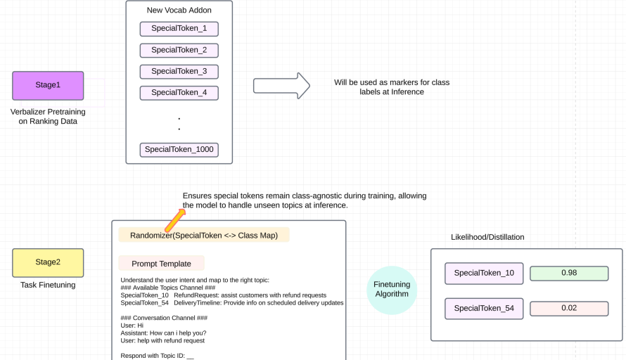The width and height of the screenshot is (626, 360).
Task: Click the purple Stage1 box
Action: point(48,85)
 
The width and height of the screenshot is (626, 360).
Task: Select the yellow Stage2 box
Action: point(48,262)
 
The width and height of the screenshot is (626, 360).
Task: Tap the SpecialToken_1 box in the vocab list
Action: point(179,29)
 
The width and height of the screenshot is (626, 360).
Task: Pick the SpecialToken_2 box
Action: point(179,50)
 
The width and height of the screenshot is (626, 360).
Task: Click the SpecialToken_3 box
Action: point(179,71)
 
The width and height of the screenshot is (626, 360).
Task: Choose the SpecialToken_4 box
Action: point(179,92)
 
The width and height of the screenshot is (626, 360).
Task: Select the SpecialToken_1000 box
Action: point(179,149)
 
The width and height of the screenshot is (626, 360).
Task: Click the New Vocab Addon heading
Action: point(179,10)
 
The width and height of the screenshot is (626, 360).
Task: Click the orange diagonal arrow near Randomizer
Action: point(174,219)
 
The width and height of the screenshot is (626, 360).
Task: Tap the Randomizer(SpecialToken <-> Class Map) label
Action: point(204,235)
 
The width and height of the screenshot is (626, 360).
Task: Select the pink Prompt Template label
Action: point(161,264)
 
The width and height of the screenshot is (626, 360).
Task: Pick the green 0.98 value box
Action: point(569,273)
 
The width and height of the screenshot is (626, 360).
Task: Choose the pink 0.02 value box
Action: point(569,308)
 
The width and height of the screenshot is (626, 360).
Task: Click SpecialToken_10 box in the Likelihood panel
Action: point(484,273)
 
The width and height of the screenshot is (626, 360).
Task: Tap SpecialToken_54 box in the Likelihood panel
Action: point(484,308)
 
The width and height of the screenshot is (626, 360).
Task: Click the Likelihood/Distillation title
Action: point(487,237)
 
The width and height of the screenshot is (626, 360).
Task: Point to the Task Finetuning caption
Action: point(48,285)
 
